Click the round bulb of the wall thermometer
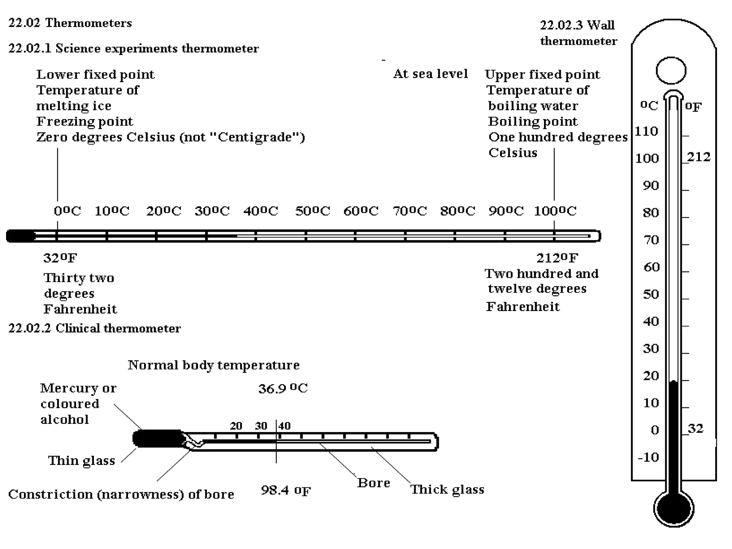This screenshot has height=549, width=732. point(673,508)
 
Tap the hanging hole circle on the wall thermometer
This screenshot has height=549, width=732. point(671,70)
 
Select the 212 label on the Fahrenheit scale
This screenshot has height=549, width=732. point(698,157)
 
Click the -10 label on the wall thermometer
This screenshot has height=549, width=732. point(648,457)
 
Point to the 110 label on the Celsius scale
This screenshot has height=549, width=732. point(646,131)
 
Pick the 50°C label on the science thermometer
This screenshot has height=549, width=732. point(312,211)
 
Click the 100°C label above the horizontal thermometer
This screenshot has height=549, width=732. point(555,211)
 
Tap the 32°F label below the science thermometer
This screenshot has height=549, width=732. point(60,258)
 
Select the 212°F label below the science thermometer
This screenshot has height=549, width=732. point(557,258)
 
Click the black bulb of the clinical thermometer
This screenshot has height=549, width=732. point(157,438)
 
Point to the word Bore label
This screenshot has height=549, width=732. point(374,483)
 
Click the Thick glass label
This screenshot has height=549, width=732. point(447,489)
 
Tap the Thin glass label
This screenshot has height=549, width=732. point(81,461)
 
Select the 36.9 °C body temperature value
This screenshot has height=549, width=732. point(283,389)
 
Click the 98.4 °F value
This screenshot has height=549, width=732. point(286,490)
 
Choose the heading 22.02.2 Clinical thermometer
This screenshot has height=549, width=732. point(94,328)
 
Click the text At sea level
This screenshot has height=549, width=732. point(430,74)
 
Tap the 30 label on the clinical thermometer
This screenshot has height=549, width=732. point(261,426)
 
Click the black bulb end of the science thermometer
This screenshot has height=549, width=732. point(21,236)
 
